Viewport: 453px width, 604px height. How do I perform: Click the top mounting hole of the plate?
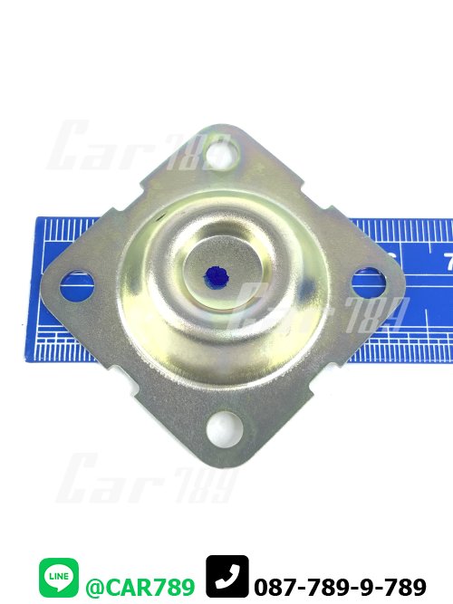click(223, 154)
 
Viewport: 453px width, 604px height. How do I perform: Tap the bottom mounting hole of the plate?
click(223, 429)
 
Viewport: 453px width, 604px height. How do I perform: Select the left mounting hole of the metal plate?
click(77, 284)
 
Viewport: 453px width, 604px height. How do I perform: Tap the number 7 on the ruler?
click(448, 261)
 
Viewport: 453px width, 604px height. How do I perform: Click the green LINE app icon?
click(59, 576)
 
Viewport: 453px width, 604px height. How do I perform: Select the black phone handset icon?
click(227, 576)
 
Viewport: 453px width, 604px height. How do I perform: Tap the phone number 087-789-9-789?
click(341, 588)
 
